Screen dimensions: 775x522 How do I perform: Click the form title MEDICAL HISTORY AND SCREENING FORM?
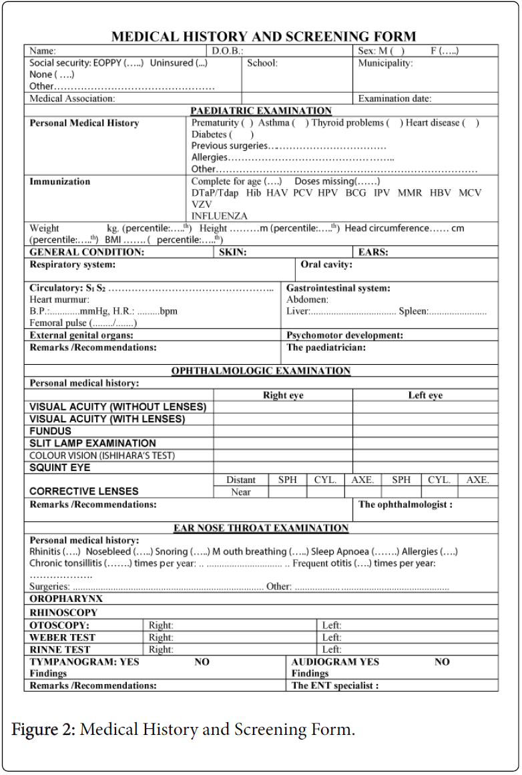263,37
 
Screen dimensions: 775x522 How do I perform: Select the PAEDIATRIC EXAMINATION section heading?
260,111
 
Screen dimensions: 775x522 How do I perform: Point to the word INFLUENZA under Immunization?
219,216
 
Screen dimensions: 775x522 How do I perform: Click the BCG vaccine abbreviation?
356,192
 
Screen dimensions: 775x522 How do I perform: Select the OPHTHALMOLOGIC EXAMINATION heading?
260,371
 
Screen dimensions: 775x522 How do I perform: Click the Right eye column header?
283,396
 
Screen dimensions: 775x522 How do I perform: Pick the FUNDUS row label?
50,432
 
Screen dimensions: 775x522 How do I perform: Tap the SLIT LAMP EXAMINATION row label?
93,444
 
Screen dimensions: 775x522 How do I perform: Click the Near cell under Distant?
240,492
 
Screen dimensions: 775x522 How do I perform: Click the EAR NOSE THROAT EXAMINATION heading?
260,528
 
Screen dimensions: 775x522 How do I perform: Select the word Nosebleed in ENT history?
108,553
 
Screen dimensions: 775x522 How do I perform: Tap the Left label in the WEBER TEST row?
331,638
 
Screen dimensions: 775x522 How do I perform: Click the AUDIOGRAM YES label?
335,662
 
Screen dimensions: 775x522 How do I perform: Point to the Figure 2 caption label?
44,730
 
